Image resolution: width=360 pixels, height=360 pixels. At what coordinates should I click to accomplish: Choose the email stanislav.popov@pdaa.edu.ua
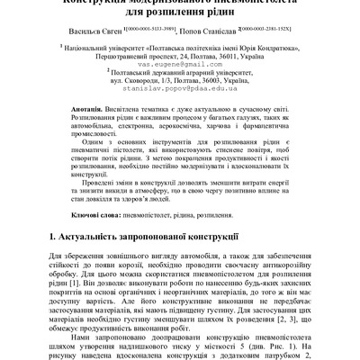[x=181, y=116]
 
